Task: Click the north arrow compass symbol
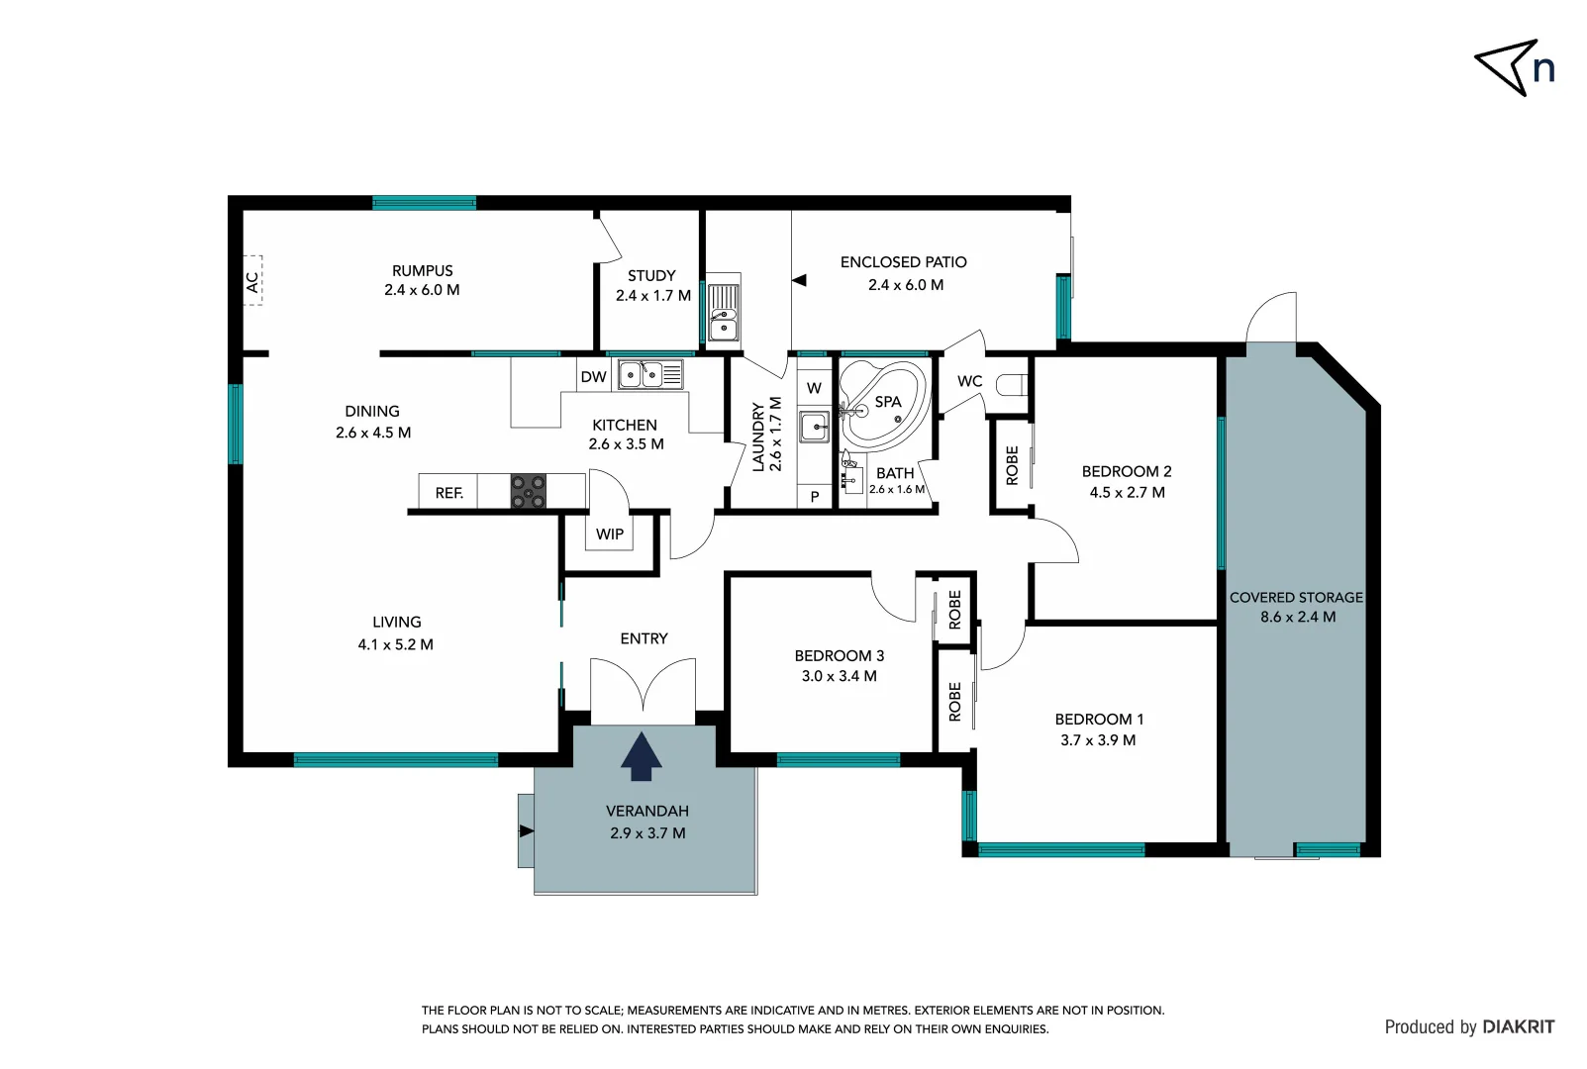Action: point(1507,67)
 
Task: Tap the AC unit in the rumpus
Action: point(252,281)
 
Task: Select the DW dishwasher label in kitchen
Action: point(593,376)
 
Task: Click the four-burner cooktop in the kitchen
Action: point(528,491)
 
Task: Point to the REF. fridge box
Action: point(448,492)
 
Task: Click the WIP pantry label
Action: point(610,534)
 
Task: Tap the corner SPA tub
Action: point(884,403)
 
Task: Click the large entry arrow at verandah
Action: point(642,757)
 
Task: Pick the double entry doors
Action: point(644,685)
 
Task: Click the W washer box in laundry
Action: point(814,388)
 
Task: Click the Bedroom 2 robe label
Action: point(1012,465)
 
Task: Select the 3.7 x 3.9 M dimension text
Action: point(1098,740)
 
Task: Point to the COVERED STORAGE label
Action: point(1296,597)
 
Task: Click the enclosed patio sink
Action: point(724,312)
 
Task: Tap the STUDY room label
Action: point(651,276)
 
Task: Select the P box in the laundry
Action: point(815,497)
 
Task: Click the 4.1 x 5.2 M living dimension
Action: point(395,644)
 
